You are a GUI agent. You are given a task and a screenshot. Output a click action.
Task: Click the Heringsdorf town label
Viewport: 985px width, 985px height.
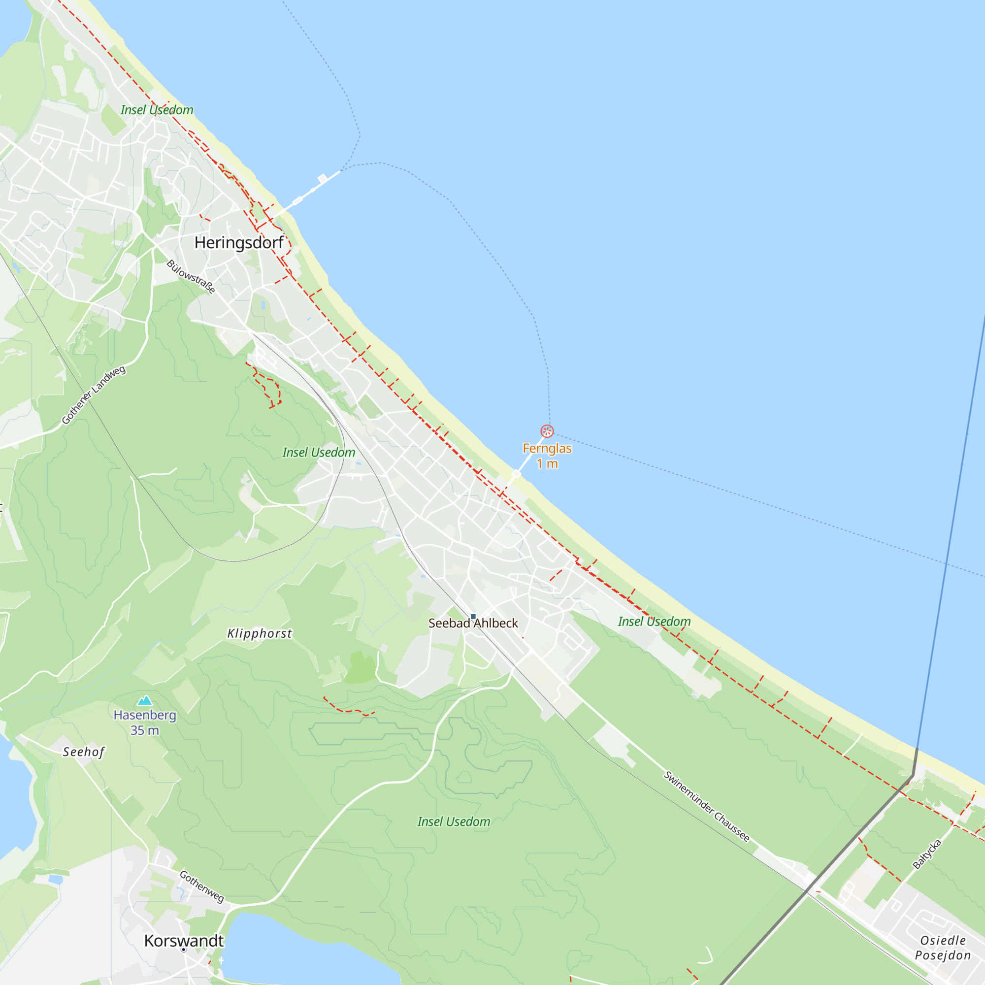238,243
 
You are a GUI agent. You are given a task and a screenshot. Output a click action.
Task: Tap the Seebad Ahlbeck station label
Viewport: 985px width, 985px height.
473,624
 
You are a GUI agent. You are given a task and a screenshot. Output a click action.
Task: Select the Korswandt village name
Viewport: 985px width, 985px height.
184,941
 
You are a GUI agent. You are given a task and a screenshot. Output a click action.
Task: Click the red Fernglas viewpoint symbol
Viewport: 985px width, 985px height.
547,431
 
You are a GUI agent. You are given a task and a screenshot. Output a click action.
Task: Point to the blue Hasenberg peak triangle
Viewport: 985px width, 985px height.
145,700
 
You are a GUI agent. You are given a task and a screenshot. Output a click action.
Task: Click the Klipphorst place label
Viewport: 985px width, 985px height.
260,634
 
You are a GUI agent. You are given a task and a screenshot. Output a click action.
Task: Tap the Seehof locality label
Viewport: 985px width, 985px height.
84,752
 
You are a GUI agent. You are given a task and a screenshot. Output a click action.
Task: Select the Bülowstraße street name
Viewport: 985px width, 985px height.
191,277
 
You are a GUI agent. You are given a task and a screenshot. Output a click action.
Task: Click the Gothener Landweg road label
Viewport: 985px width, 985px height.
93,394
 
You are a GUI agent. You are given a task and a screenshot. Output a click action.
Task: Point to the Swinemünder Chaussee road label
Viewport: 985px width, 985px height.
706,807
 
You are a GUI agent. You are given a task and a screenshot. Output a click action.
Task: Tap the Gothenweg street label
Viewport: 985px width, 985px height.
202,886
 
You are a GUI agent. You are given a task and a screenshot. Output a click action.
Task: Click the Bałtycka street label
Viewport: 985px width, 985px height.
927,854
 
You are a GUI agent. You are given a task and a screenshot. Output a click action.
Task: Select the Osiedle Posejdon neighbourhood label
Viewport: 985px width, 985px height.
943,948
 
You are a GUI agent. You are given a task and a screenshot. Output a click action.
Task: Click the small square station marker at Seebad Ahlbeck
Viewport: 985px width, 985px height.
473,617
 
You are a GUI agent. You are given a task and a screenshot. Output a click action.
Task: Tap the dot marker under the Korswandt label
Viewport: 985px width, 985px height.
184,950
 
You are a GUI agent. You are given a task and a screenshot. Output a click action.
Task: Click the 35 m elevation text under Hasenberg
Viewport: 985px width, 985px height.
145,730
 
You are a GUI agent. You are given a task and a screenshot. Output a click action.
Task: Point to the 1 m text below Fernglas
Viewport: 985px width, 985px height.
547,464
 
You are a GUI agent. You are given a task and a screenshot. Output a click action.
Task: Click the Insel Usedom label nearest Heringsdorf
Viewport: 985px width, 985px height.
157,110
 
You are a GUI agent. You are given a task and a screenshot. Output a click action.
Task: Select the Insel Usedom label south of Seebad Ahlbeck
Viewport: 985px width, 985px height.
454,822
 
